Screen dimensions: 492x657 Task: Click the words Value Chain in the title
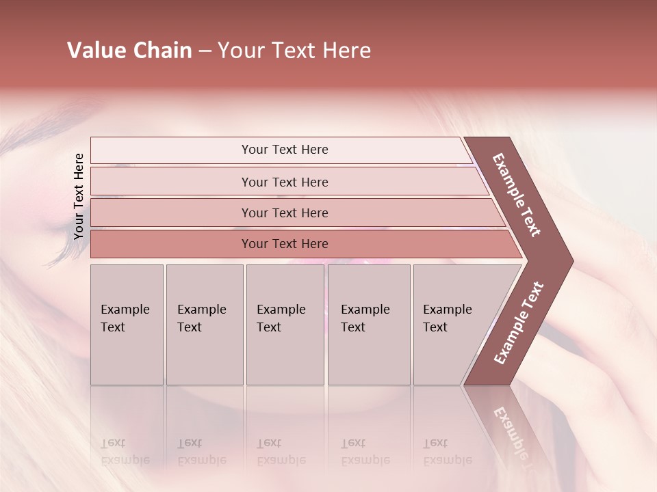point(129,51)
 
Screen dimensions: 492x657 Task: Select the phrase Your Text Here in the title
point(294,51)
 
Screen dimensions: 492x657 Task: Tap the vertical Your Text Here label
point(79,196)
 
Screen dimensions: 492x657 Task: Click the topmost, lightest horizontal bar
point(284,150)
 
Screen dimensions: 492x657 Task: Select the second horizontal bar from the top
point(284,182)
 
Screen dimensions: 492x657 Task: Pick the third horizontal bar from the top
point(284,213)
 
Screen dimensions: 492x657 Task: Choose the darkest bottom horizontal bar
point(284,244)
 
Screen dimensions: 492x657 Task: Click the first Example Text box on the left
point(127,324)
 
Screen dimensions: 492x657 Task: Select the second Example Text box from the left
point(204,324)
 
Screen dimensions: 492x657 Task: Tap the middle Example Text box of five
point(285,324)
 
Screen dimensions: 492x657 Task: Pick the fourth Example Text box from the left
point(368,324)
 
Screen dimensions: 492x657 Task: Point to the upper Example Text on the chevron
point(517,194)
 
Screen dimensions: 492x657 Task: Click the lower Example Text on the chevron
point(519,323)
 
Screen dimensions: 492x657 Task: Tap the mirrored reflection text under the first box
point(125,452)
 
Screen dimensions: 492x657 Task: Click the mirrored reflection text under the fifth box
point(448,452)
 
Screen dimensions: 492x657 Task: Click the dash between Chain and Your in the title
point(205,51)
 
